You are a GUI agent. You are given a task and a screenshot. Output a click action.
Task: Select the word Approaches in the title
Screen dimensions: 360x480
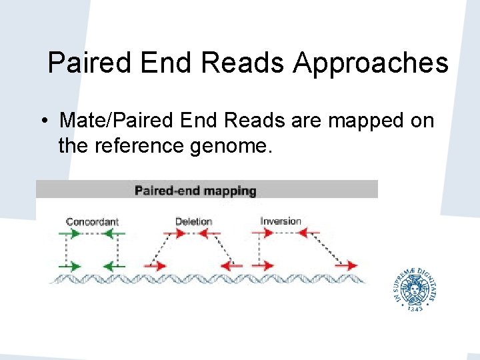[x=371, y=64]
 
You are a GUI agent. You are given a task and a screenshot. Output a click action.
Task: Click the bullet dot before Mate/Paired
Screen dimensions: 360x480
[x=42, y=122]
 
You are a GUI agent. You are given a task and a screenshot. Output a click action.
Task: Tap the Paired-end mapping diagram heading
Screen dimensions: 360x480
[x=195, y=191]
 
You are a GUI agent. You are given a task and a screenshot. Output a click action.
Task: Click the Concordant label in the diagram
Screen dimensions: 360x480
[x=92, y=221]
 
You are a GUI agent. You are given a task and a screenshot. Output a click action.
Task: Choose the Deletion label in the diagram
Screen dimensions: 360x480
[x=193, y=221]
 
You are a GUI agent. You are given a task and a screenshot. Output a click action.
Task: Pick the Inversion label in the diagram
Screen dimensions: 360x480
[x=281, y=221]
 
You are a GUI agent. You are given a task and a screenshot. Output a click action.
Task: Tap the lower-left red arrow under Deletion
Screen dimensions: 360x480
[x=156, y=265]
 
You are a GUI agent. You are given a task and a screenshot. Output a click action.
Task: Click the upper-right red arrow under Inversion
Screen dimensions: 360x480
[x=309, y=233]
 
